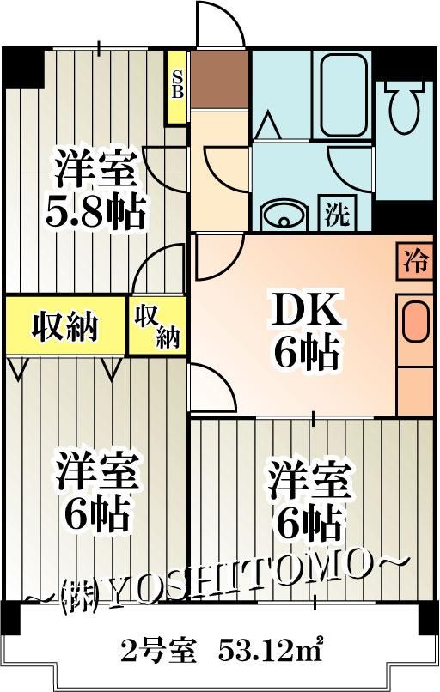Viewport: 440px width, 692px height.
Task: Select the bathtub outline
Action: click(343, 95)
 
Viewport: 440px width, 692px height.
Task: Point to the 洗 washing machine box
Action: click(338, 212)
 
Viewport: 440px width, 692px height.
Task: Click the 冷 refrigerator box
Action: click(415, 261)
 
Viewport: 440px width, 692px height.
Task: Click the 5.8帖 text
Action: click(95, 212)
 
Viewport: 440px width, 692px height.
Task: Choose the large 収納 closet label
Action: click(65, 326)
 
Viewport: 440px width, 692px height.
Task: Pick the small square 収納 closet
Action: click(156, 325)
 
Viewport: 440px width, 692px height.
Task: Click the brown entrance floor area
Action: click(219, 79)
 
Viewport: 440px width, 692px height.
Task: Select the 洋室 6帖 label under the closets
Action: click(95, 495)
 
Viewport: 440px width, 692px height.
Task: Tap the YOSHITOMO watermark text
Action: click(217, 582)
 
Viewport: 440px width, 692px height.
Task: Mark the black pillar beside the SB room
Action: click(24, 68)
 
